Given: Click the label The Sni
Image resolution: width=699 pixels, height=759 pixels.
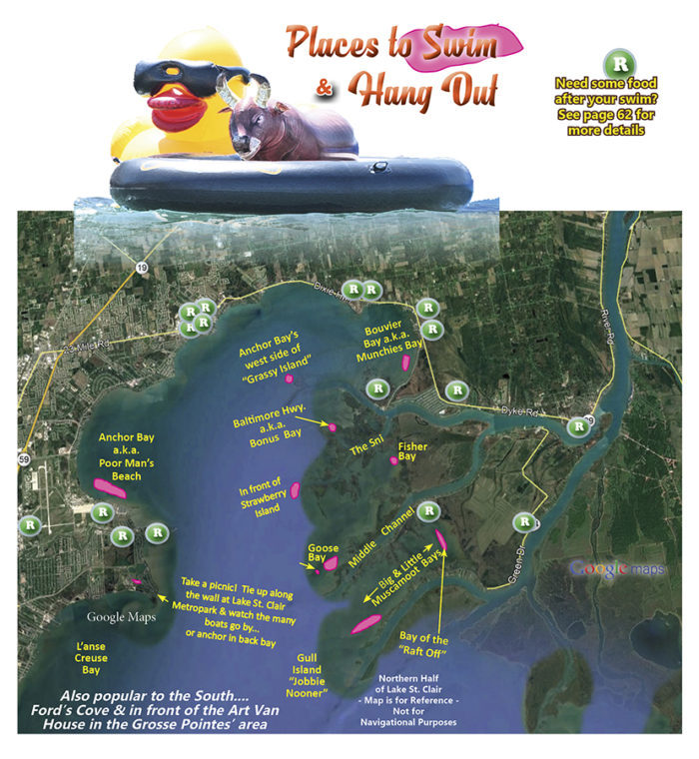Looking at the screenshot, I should (x=366, y=449).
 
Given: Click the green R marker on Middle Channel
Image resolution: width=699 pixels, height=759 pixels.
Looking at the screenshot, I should (x=429, y=510).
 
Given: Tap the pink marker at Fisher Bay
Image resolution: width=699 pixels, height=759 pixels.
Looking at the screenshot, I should (x=393, y=460).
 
